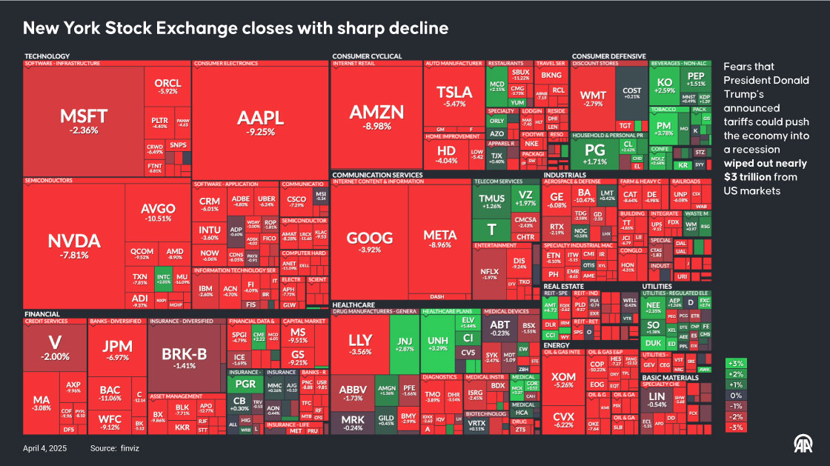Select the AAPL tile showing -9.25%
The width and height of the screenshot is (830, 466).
260,122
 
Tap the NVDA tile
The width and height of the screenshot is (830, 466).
73,244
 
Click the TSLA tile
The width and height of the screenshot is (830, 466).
454,96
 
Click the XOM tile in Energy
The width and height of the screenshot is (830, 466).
564,381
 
